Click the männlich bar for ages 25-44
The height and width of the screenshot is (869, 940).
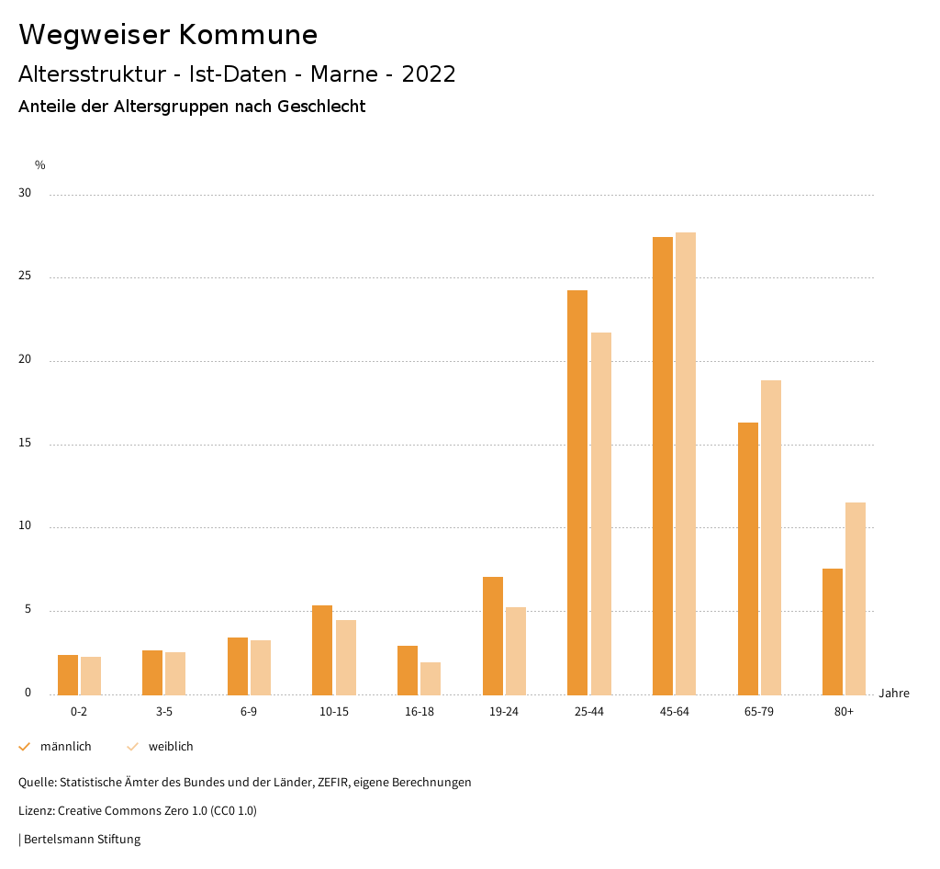point(577,492)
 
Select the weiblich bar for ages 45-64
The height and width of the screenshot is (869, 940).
point(686,464)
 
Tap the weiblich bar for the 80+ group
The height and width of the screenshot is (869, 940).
point(856,598)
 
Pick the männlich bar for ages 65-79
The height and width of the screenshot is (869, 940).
point(748,559)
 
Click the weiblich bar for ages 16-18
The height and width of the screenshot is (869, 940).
point(431,678)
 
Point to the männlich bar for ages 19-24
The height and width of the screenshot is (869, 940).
point(493,636)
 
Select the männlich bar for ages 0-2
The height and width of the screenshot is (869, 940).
point(68,674)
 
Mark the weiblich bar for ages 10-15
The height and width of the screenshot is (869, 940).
point(346,657)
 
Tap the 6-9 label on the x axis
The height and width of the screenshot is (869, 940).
point(249,712)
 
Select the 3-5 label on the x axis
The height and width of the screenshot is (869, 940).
point(163,712)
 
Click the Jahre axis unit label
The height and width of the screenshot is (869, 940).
point(894,694)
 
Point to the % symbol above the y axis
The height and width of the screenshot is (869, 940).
point(39,165)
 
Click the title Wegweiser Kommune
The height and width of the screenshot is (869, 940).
point(168,35)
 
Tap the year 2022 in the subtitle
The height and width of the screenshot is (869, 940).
point(429,74)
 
